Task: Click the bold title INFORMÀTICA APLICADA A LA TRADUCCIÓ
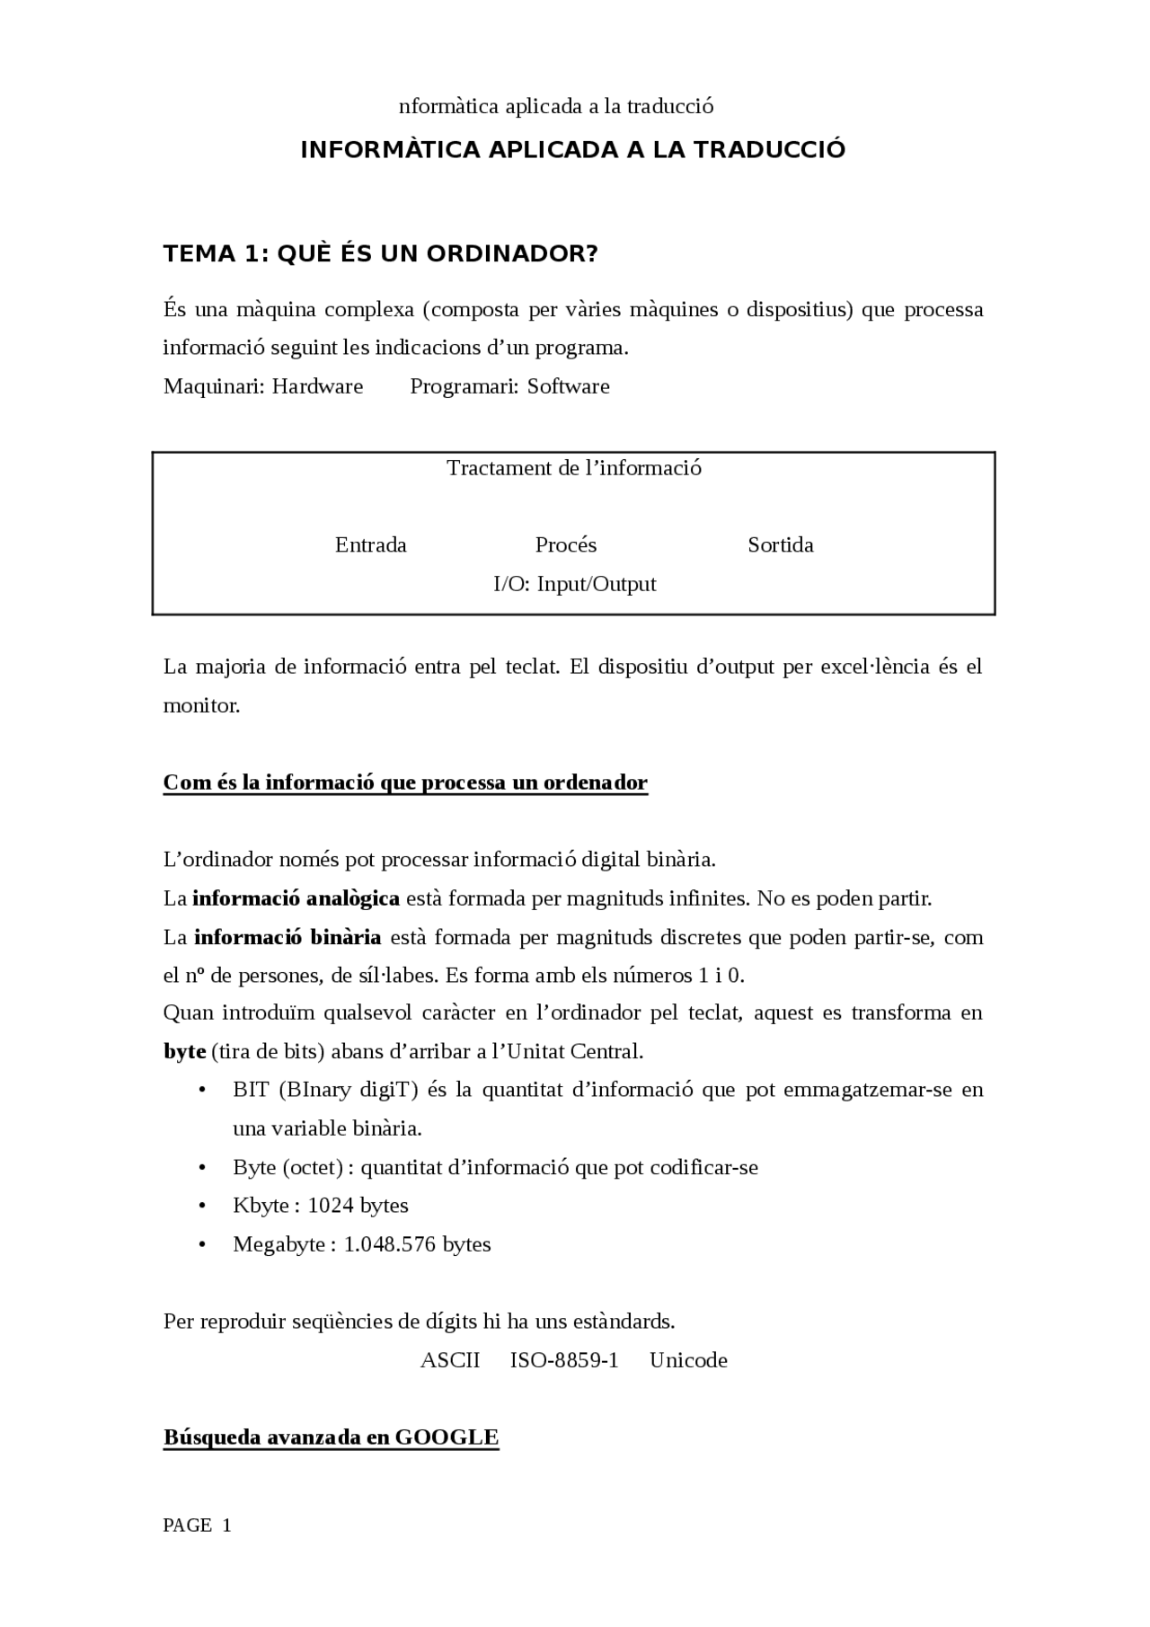point(573,149)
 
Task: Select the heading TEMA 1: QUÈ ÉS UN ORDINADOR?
point(380,254)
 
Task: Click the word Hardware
point(317,386)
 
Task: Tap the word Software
point(568,386)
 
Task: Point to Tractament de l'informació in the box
point(574,468)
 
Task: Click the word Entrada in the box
point(370,545)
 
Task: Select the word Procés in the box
point(565,545)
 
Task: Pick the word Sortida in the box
point(780,545)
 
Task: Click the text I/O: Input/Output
point(574,584)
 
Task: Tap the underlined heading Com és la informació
point(404,783)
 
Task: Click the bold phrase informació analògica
point(296,898)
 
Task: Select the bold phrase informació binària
point(287,937)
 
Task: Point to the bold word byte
point(184,1051)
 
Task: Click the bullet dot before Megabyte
point(202,1244)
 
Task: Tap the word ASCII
point(449,1360)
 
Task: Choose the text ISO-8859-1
point(564,1360)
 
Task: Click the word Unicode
point(688,1360)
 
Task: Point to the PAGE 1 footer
point(197,1525)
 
